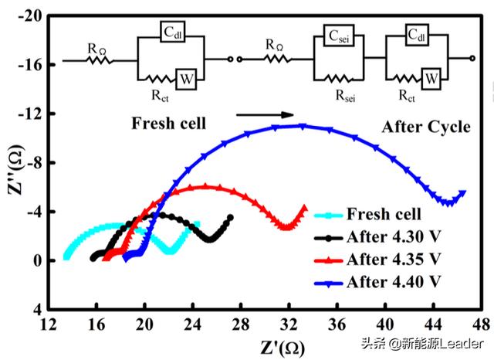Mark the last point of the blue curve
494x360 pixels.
point(462,193)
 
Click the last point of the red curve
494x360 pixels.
point(305,207)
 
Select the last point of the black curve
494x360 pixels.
point(231,218)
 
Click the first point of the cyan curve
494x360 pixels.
point(66,256)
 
